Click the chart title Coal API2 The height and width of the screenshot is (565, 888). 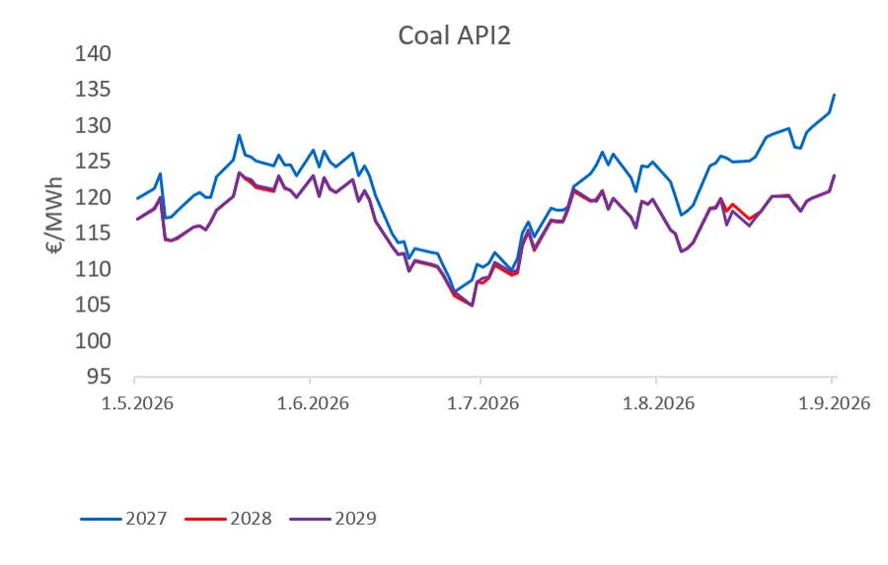[x=454, y=35]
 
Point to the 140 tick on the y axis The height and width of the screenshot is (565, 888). [x=93, y=54]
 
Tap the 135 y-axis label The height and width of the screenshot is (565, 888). [x=93, y=90]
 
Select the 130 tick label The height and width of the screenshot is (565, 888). [x=93, y=125]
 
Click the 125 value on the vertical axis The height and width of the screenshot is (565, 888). [x=93, y=162]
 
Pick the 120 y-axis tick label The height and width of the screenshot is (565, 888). [x=93, y=197]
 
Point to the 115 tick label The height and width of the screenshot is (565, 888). [x=93, y=234]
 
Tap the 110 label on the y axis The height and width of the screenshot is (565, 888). [x=93, y=269]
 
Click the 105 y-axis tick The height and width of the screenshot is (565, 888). [x=93, y=305]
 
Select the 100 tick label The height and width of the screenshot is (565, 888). [x=93, y=341]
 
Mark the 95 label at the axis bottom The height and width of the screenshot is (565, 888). [x=99, y=377]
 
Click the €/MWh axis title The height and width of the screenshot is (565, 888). [x=55, y=216]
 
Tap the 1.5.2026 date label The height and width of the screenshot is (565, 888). [x=137, y=403]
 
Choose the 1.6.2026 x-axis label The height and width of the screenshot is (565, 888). [x=313, y=403]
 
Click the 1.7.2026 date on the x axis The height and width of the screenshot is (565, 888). [x=482, y=403]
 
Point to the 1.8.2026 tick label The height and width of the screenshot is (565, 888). [x=658, y=403]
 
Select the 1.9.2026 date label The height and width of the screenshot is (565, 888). [x=834, y=403]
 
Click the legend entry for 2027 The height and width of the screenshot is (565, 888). [x=124, y=519]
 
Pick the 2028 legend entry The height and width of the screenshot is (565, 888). [x=228, y=519]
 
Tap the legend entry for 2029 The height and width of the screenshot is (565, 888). [x=333, y=519]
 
